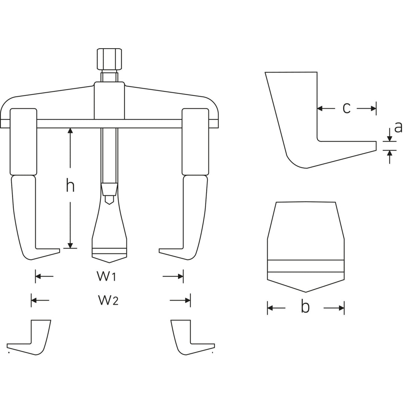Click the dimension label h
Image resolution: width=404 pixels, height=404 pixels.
coord(70,186)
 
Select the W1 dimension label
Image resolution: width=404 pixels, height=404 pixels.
coord(107,276)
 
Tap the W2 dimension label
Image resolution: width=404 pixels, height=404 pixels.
coord(108,300)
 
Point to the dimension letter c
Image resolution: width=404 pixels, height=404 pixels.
coord(347,108)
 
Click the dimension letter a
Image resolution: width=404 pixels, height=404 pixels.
coord(398,127)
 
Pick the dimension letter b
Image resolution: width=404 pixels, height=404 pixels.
coord(306,307)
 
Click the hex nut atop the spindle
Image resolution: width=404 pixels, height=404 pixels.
coord(109,59)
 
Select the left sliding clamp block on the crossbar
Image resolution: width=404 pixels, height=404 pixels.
coord(24,141)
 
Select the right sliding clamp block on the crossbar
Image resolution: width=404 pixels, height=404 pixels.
coord(195,141)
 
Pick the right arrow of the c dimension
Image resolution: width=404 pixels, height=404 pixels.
coord(373,108)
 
